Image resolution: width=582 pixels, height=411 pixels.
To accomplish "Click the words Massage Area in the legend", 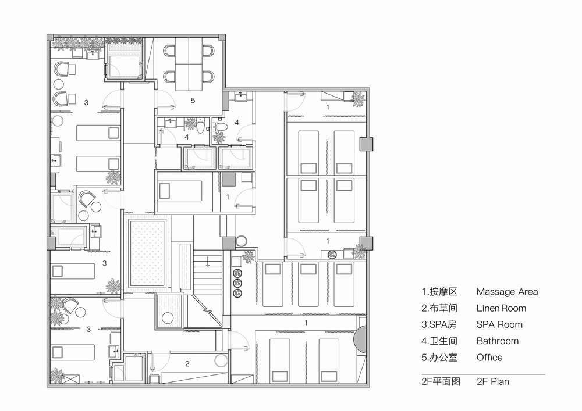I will pos(507,292).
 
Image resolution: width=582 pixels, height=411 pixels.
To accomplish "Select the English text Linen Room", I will pos(501,308).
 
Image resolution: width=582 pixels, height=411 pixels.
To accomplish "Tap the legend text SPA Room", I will pos(499,324).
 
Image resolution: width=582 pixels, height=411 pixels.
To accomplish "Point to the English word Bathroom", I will pos(497,341).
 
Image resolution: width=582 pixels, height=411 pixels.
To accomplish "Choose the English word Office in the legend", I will pos(489,357).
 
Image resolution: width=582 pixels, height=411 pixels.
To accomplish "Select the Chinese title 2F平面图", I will pos(441,383).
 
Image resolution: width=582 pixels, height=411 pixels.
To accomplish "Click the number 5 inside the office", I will pos(192,101).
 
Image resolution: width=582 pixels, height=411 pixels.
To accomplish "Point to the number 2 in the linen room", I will pos(187,364).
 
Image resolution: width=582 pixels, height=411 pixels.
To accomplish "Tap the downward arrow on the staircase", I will pos(208,263).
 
